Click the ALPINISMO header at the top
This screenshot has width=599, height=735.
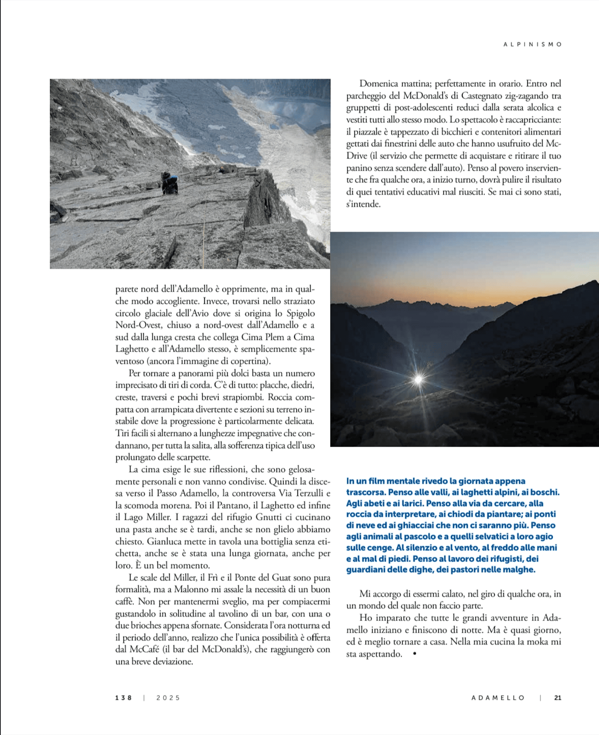click(532, 45)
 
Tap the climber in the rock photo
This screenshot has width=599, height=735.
click(169, 183)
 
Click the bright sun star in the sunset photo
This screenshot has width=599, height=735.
click(419, 379)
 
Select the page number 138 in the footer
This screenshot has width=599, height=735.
click(123, 698)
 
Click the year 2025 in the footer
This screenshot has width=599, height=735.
click(168, 698)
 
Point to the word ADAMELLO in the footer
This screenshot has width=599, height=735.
click(498, 698)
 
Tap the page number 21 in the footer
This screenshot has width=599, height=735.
click(557, 698)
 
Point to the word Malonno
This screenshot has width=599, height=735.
click(192, 589)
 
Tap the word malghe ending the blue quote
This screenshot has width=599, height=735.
click(521, 570)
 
